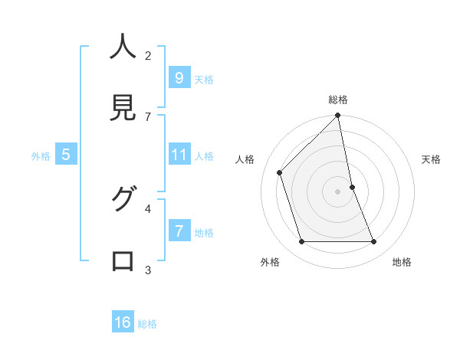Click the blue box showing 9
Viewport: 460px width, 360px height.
point(179,78)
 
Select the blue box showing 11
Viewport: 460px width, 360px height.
point(179,155)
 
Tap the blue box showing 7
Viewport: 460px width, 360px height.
point(179,231)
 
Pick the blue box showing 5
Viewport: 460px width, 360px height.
point(66,155)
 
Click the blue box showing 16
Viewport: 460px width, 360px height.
point(123,322)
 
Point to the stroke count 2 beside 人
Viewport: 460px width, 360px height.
point(148,55)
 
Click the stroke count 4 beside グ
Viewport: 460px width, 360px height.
point(148,208)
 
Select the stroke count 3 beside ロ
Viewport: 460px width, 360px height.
point(148,270)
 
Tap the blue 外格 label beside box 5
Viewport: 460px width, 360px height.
point(41,155)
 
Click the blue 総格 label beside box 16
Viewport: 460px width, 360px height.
point(147,324)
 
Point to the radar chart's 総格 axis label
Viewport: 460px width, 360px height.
point(338,100)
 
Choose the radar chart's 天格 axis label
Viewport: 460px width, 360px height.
point(431,159)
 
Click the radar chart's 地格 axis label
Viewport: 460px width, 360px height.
point(402,262)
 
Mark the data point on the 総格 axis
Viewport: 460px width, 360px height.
point(338,116)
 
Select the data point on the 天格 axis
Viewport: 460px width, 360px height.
point(352,187)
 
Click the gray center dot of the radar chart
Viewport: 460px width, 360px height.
point(338,191)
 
